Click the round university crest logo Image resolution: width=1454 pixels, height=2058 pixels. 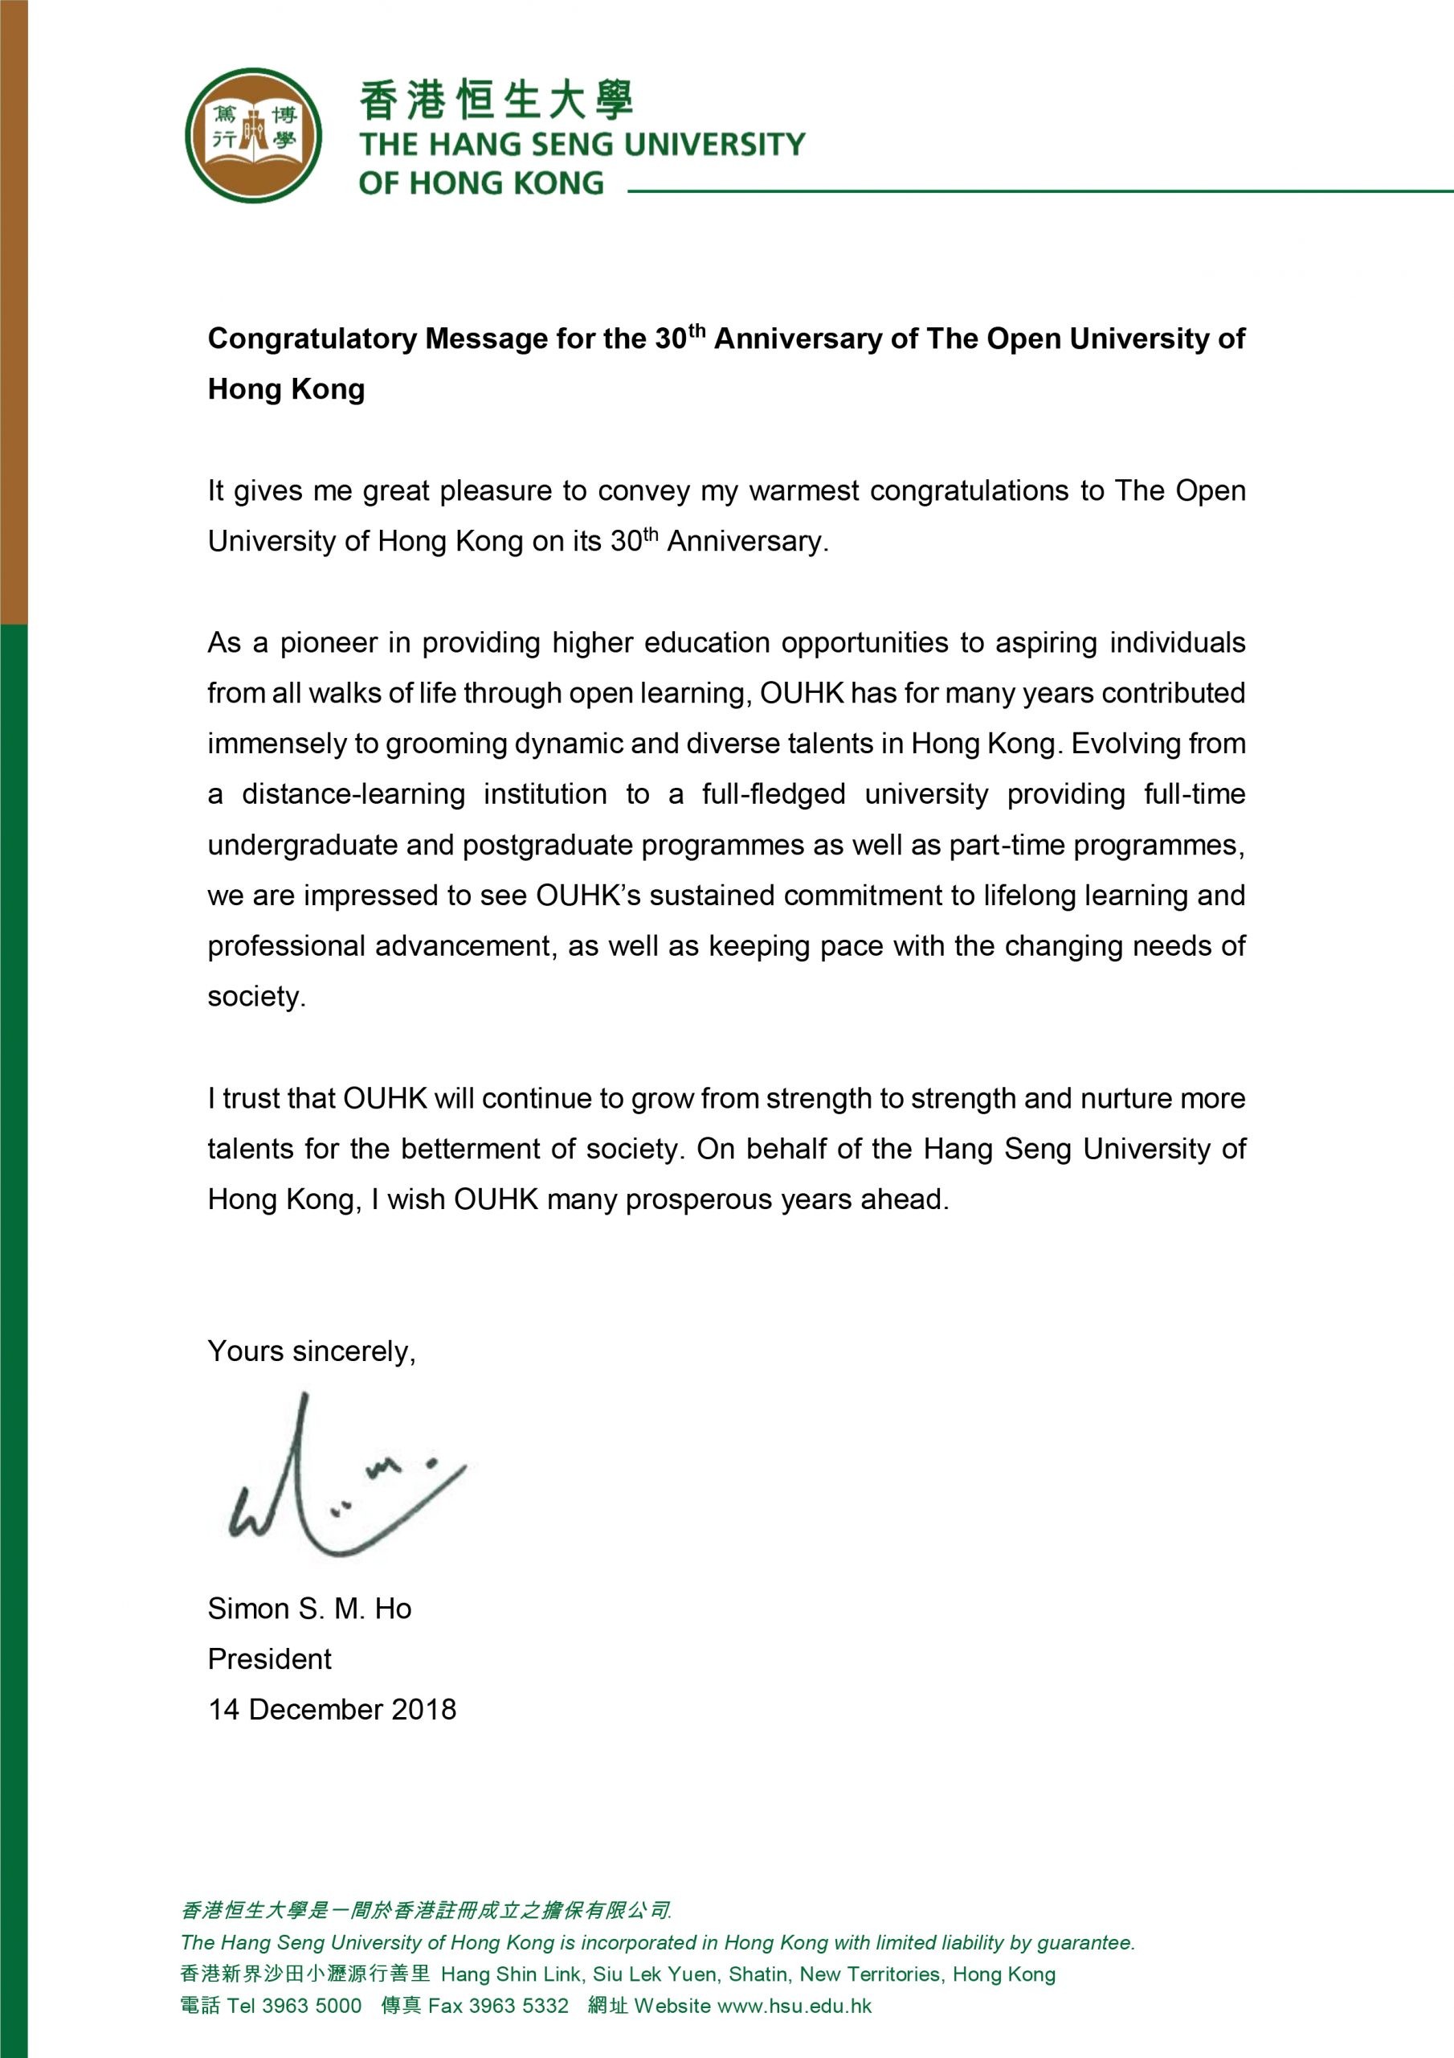pos(254,135)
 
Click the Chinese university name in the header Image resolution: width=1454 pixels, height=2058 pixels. pos(496,100)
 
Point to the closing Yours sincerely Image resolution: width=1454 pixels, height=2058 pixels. pos(311,1351)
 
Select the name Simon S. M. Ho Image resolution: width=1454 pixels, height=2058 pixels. pos(309,1609)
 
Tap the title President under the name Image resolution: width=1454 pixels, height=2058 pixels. pos(269,1659)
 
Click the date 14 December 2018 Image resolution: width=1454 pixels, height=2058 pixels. pos(332,1709)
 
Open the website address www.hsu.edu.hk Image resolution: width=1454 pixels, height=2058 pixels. pos(794,2006)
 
